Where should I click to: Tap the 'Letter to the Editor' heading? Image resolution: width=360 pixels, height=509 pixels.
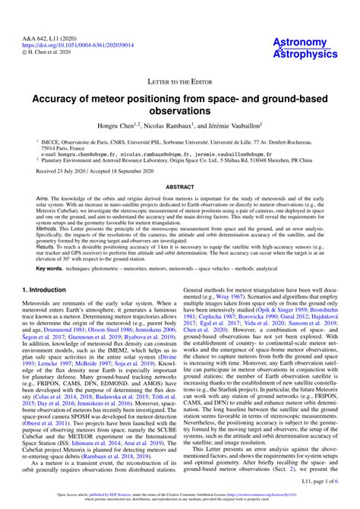(x=179, y=80)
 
